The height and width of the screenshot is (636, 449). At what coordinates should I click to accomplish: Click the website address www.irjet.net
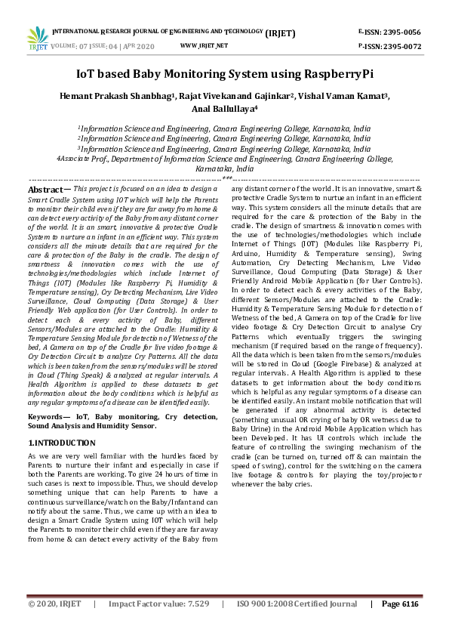click(204, 46)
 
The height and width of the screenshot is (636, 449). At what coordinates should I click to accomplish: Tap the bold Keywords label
click(48, 416)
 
